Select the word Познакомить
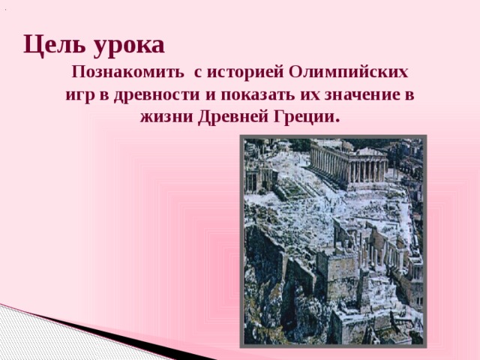point(127,73)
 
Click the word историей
point(245,73)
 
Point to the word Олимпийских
point(348,73)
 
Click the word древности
point(157,96)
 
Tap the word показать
point(258,95)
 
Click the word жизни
point(166,117)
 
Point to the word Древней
point(232,117)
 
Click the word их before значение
point(310,95)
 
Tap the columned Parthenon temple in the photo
point(349,165)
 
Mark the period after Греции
point(337,121)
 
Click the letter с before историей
point(198,73)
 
